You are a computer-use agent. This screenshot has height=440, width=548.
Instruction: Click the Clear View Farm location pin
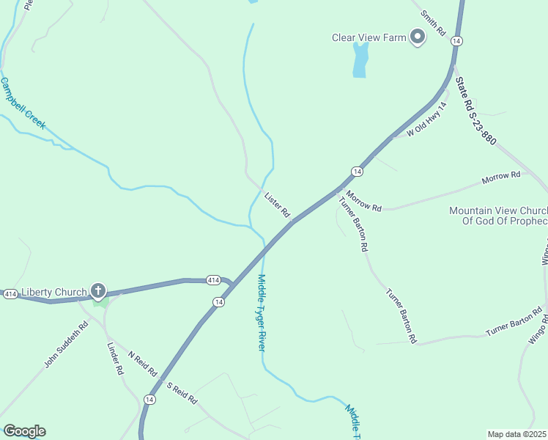[418, 37]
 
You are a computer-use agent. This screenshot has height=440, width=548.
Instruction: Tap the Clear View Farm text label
[369, 37]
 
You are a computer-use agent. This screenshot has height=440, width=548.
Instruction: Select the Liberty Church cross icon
[97, 291]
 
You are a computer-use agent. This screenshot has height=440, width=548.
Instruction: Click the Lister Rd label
[277, 205]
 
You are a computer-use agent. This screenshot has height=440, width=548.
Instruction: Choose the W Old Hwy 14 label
[427, 120]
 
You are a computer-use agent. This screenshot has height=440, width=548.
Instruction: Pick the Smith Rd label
[433, 23]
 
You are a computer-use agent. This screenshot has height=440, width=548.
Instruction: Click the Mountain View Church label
[497, 216]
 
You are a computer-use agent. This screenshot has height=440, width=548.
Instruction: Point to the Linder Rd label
[116, 359]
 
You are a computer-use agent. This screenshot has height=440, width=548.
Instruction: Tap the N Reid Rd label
[143, 363]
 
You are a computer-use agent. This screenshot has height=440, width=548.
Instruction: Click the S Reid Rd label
[182, 394]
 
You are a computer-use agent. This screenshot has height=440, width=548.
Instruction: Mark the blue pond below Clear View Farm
[360, 59]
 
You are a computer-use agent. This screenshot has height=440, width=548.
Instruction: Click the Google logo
[24, 431]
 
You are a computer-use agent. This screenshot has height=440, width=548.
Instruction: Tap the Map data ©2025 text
[516, 434]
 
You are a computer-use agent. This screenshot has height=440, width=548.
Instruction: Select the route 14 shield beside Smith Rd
[456, 41]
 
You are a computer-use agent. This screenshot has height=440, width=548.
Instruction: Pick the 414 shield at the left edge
[10, 293]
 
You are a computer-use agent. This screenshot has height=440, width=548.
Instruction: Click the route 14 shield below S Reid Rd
[149, 399]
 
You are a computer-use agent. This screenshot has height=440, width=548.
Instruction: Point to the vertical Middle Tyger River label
[261, 312]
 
